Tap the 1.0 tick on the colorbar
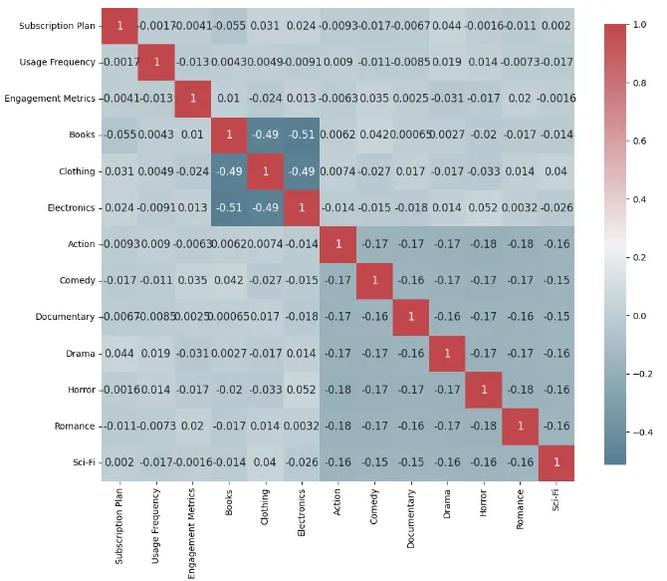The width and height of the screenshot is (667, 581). point(639,25)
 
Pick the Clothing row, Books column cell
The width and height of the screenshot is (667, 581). point(229,171)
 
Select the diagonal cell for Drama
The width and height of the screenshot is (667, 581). point(447,353)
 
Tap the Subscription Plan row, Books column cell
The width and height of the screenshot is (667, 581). point(229,25)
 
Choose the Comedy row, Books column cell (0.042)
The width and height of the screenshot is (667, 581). point(229,280)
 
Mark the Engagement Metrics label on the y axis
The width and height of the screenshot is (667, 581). point(50,99)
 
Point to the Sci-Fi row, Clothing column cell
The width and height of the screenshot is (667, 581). point(265,462)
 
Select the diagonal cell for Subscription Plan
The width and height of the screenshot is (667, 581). point(120,25)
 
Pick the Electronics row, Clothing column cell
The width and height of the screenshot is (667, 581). point(265,207)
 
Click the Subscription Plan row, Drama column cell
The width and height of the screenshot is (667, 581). point(447,25)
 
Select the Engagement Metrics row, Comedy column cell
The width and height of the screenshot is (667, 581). point(374,99)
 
